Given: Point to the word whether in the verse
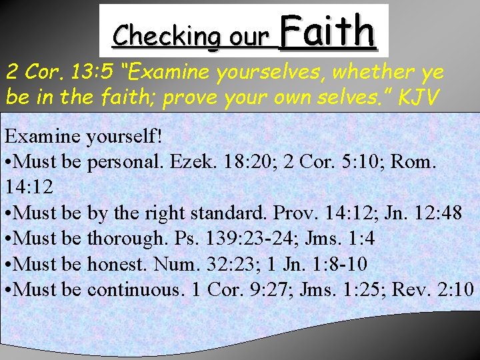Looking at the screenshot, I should [x=371, y=70].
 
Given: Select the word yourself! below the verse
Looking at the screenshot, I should [x=126, y=137].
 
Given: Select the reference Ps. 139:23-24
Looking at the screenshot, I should [x=246, y=238].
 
